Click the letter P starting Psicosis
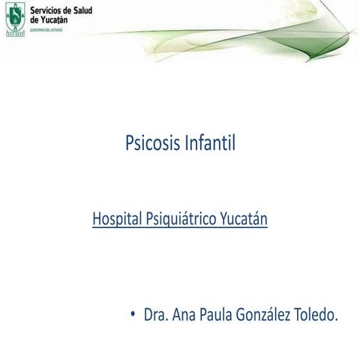click(129, 142)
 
